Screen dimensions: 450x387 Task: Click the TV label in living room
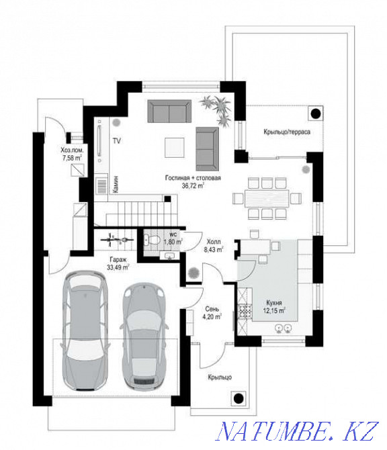(x=116, y=142)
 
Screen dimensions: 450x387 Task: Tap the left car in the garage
(x=84, y=334)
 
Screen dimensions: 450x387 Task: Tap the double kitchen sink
(x=283, y=328)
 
